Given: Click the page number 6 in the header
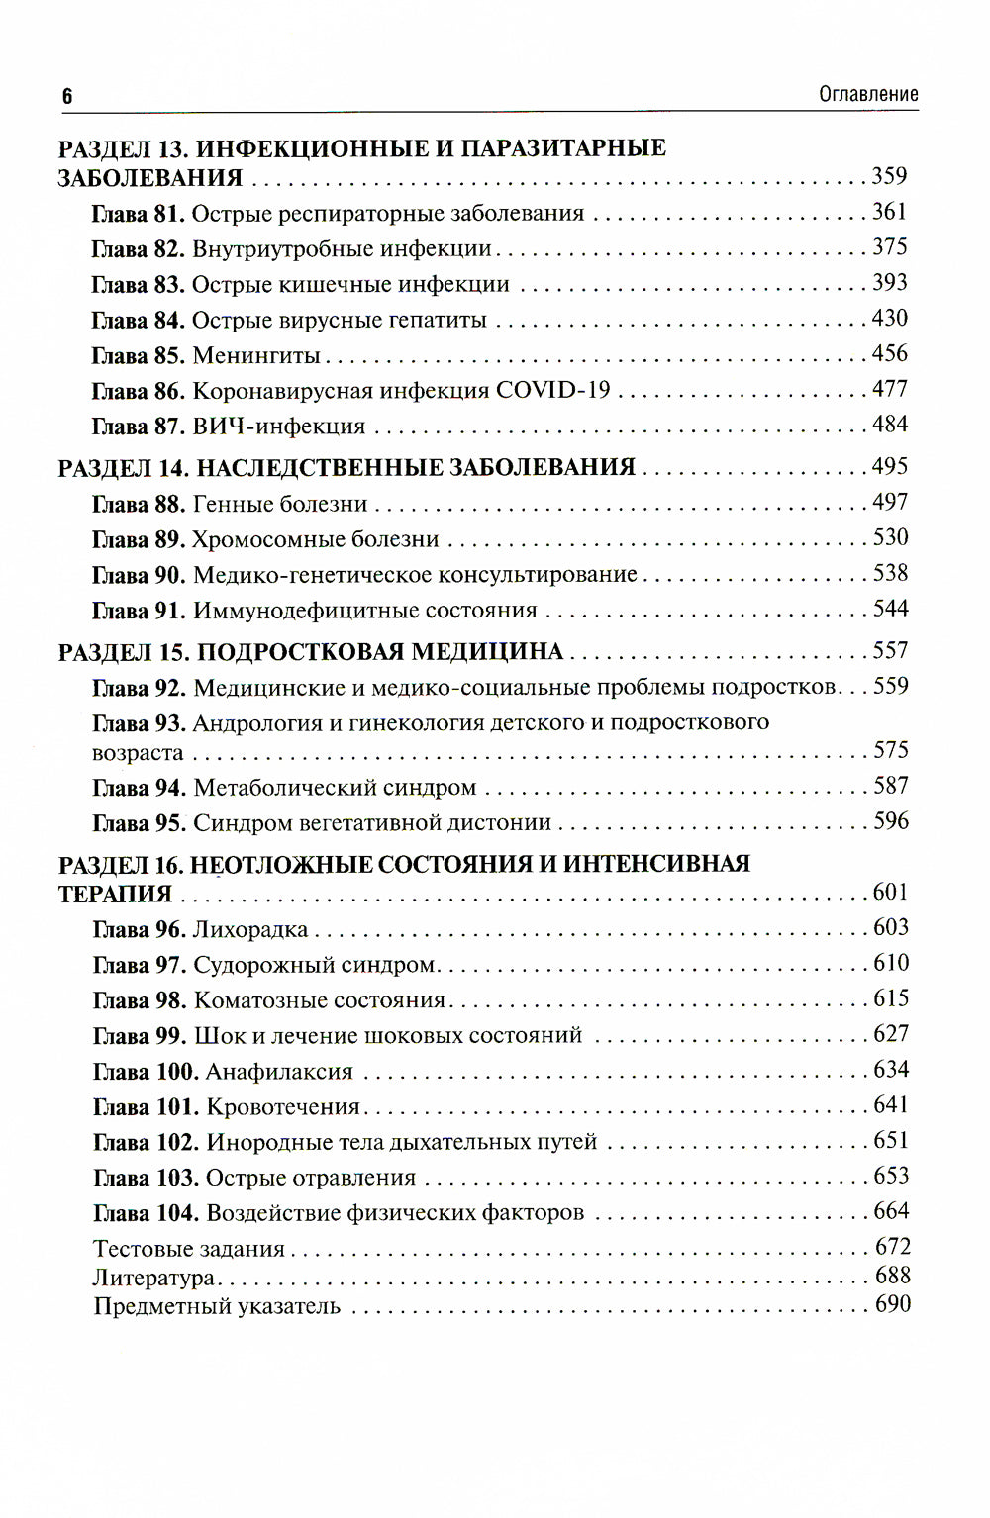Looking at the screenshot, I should [x=67, y=96].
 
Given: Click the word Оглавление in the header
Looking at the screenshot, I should [x=868, y=94].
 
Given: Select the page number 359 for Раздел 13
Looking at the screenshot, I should [x=889, y=176].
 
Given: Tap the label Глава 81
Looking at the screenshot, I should [x=138, y=214].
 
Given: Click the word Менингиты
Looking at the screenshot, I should [x=255, y=355].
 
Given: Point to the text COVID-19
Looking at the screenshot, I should [x=552, y=390].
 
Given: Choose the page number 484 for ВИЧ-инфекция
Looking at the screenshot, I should [x=889, y=425].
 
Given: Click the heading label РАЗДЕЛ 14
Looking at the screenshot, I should [x=123, y=468].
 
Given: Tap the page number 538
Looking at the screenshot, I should [x=890, y=574].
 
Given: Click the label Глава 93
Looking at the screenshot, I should [x=139, y=723].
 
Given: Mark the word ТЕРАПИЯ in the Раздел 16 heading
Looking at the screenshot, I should [x=115, y=894].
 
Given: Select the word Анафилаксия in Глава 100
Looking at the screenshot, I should [x=279, y=1072].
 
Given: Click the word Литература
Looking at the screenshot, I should [x=154, y=1278].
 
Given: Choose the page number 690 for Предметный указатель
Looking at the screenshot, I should [x=892, y=1304].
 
